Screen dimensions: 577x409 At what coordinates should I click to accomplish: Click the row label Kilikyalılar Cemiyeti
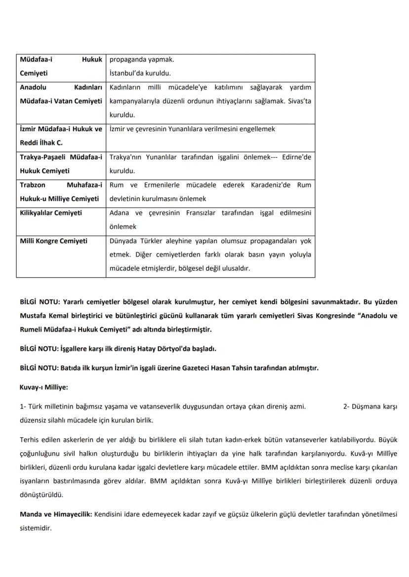point(51,213)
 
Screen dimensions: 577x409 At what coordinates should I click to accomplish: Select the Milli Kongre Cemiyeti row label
point(53,241)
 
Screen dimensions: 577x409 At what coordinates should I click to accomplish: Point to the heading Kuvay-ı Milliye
point(44,387)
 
